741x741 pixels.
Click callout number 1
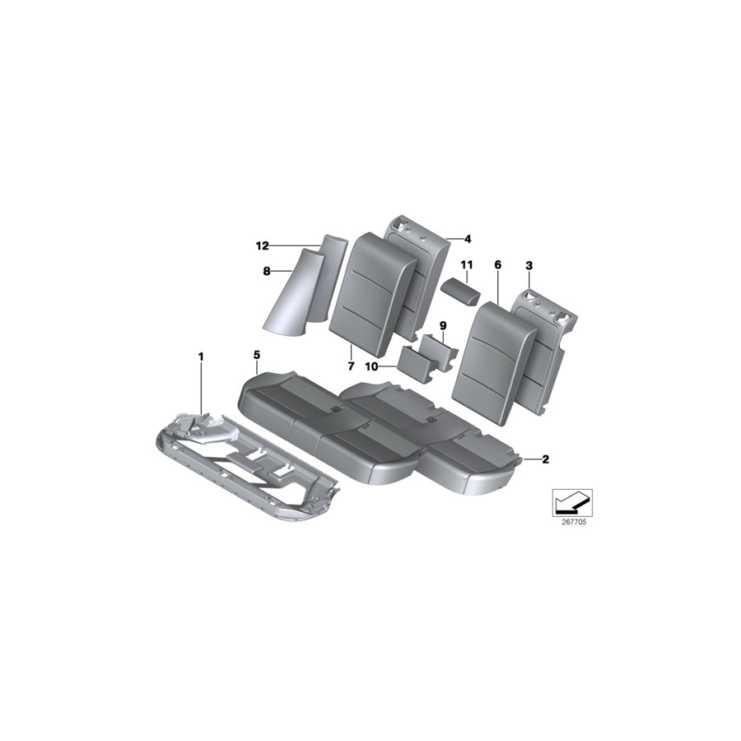pos(199,356)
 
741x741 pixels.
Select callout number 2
pos(545,460)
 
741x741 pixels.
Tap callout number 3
pos(529,265)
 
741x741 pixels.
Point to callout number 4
pos(467,240)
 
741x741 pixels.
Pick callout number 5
pos(257,355)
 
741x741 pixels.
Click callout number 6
pos(497,265)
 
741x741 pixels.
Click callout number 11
pos(467,265)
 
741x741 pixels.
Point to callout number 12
pos(263,245)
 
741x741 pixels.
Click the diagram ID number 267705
pos(568,521)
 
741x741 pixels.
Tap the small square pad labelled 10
pos(416,364)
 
